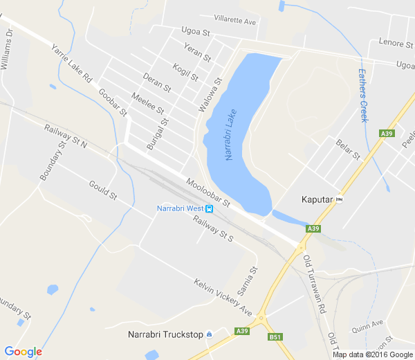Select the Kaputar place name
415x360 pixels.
[x=317, y=199]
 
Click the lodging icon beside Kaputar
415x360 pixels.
[x=339, y=199]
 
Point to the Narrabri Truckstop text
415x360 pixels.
[x=165, y=335]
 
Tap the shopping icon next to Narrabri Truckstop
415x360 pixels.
[x=210, y=335]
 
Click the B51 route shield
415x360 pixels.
[x=275, y=337]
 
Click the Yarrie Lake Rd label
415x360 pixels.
[x=71, y=64]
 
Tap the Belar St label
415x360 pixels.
[x=348, y=149]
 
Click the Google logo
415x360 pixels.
[x=23, y=352]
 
